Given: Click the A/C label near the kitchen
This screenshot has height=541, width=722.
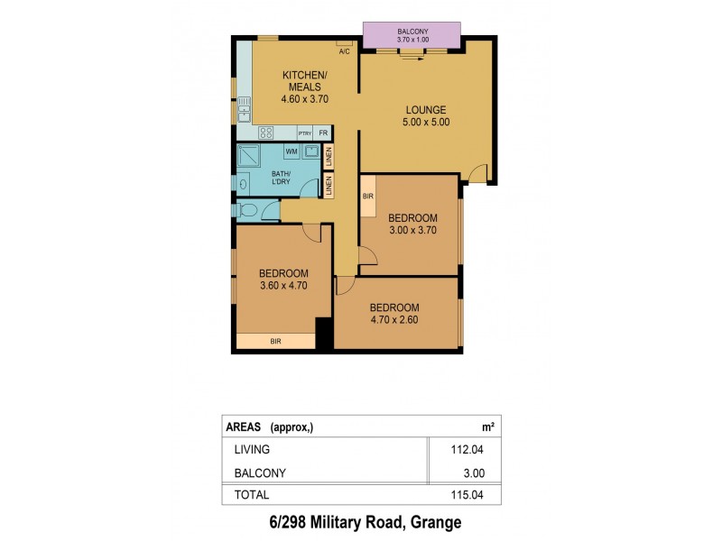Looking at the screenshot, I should (345, 50).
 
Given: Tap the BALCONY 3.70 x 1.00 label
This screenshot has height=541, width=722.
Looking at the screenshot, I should (412, 37).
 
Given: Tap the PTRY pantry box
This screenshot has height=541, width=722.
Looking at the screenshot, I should (305, 133).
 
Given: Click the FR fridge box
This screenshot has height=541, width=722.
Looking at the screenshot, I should (322, 133).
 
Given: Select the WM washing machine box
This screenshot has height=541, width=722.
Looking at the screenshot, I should (292, 151).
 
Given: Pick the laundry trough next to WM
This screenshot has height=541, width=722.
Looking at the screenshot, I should (310, 151).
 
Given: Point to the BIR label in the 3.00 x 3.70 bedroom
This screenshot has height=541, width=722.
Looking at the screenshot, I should (368, 196).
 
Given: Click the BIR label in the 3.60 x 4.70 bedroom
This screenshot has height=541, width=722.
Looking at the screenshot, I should (275, 341).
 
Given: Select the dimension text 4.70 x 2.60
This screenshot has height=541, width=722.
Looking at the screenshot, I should (394, 319).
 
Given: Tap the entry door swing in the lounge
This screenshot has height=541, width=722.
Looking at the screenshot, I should (478, 171).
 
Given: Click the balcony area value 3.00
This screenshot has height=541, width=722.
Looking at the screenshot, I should (476, 472).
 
